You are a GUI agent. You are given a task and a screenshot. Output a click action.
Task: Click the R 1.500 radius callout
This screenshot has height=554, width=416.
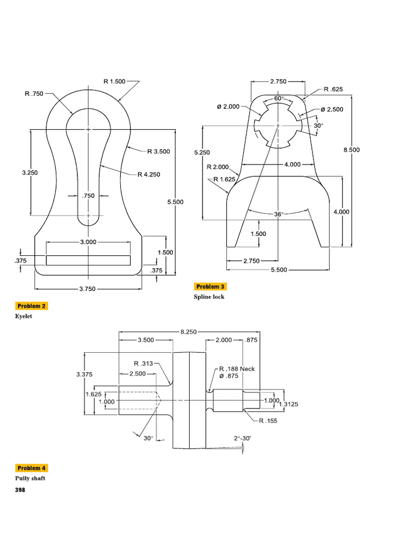coord(114,81)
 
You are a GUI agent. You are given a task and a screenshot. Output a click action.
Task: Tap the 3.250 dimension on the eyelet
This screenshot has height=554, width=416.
coord(31,173)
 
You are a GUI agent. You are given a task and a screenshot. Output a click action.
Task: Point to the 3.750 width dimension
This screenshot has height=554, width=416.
coord(87,289)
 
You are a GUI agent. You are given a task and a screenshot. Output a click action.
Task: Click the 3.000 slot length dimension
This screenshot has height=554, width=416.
coord(88,242)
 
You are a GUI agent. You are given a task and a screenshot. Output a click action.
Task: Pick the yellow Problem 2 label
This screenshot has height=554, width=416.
coord(32,306)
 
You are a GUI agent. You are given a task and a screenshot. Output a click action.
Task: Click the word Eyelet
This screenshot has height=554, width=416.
coord(23,316)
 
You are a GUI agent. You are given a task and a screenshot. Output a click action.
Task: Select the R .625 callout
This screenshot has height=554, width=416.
coord(333,89)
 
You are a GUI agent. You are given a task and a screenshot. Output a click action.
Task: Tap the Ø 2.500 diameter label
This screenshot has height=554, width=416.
coord(331,109)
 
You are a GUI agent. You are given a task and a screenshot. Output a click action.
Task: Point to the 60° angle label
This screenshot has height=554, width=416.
coord(278,98)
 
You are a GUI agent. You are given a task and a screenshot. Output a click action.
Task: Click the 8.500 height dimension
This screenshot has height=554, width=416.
coord(352,150)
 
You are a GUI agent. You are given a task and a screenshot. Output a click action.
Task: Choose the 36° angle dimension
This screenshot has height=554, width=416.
coord(278,214)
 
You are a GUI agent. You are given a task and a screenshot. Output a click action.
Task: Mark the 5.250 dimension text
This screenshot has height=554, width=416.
coord(201,153)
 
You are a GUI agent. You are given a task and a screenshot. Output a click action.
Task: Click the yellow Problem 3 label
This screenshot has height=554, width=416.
coord(211,287)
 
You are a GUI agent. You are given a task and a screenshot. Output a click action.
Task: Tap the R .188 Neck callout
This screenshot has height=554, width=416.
coord(237,369)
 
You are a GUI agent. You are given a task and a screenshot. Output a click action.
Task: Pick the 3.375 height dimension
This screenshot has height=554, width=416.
coord(84,374)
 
